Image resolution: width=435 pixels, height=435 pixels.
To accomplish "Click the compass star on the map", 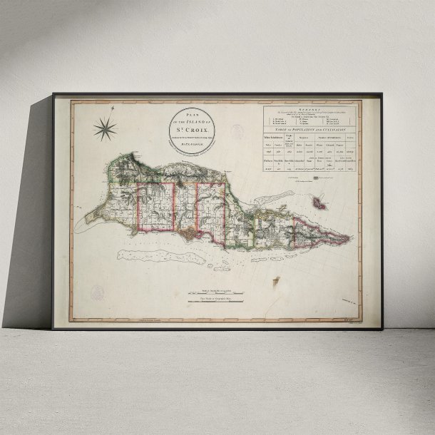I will coord(105,129).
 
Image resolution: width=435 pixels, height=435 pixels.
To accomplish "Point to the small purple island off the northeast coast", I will coord(319,205).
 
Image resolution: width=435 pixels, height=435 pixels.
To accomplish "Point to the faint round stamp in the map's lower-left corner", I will coord(98,292).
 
